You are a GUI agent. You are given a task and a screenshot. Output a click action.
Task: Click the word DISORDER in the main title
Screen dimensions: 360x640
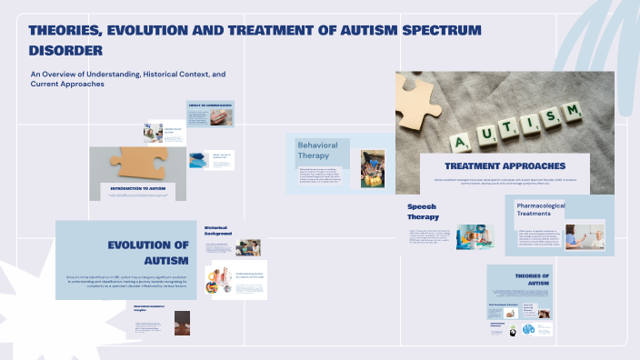coord(65,50)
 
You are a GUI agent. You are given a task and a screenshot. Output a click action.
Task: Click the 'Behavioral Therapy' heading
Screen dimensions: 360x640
coord(317,150)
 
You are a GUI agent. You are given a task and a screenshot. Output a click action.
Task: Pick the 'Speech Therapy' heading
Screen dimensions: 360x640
coord(423,212)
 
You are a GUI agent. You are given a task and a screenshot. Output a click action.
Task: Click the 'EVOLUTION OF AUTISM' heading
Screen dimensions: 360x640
coord(147,254)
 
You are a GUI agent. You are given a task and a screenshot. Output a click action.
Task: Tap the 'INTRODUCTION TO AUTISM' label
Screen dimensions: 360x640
coord(137,187)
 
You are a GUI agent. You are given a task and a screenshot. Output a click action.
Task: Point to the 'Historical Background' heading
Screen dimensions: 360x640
coord(217,230)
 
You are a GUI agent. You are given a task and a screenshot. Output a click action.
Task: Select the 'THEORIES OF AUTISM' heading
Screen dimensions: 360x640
coord(532,279)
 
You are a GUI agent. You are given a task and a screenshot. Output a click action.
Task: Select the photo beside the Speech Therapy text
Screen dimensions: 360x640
coord(475,236)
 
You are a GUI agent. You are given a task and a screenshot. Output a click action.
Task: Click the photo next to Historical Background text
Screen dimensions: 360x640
coord(247,247)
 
